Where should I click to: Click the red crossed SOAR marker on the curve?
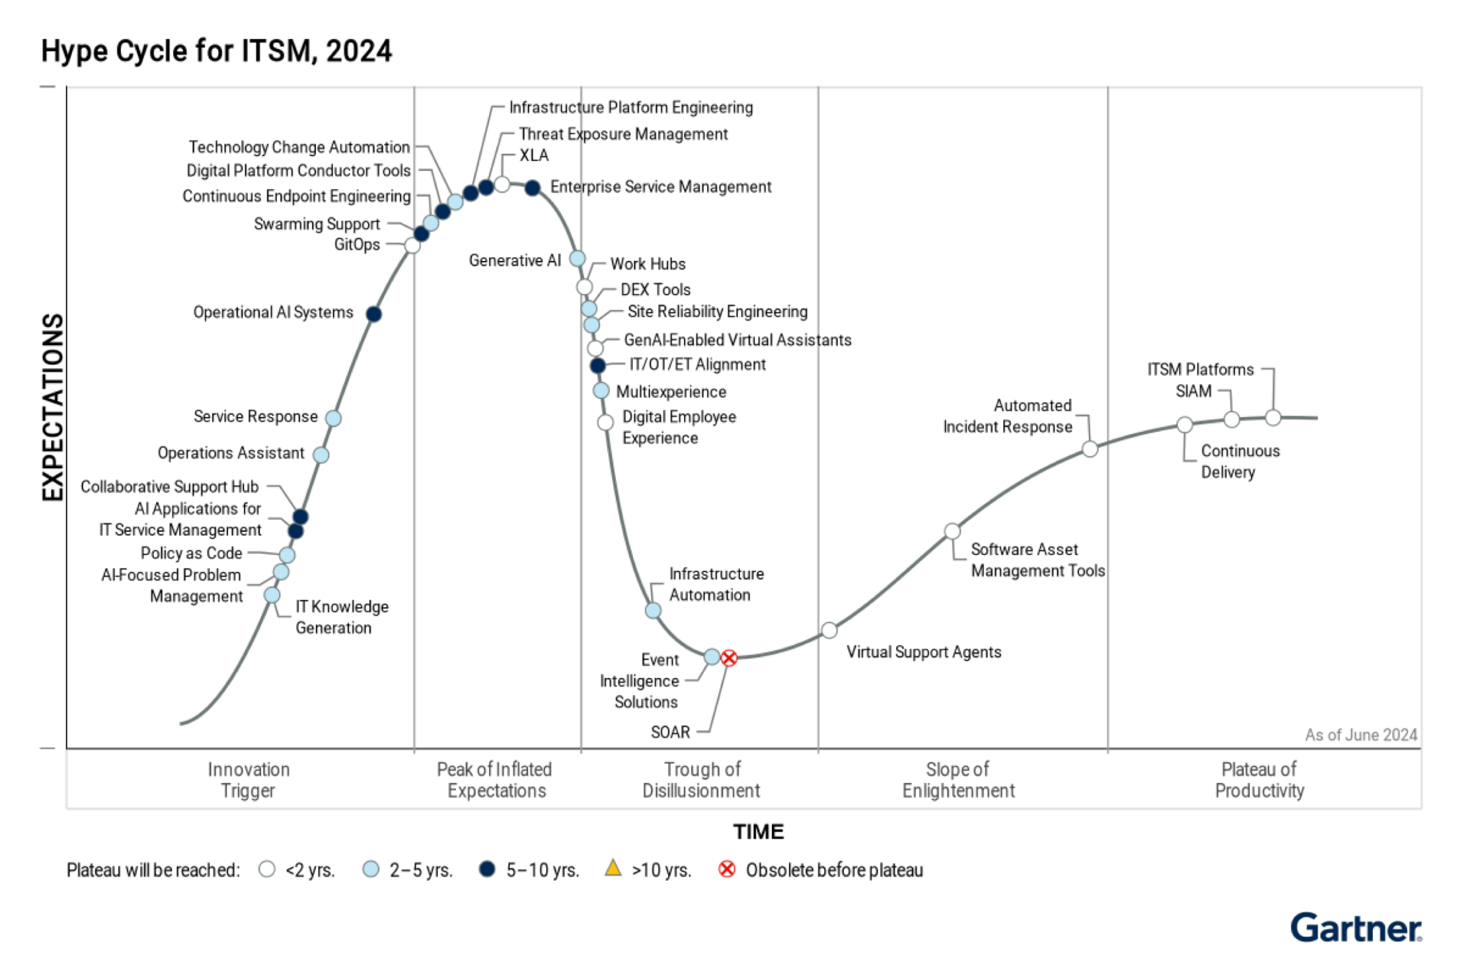(729, 658)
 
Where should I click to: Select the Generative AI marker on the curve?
(577, 258)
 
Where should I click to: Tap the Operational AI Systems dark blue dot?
(373, 314)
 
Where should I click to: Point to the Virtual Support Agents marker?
(829, 631)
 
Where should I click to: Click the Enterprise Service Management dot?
(532, 188)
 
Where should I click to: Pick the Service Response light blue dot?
(333, 418)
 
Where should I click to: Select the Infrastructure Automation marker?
(653, 610)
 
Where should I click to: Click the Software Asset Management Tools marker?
(952, 531)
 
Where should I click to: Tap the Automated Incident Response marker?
(1090, 449)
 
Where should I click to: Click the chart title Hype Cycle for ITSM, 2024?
(216, 51)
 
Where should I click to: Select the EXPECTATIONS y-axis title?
(53, 407)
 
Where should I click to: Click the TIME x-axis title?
(758, 832)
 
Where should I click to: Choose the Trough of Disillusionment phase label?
(701, 780)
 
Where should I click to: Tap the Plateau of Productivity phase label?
(1259, 780)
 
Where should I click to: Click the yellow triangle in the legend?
(613, 868)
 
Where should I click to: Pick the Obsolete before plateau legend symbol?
(727, 869)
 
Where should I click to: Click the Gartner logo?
(1356, 927)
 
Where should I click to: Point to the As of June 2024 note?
(1361, 735)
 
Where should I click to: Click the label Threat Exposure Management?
(623, 134)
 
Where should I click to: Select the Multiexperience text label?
(671, 392)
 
